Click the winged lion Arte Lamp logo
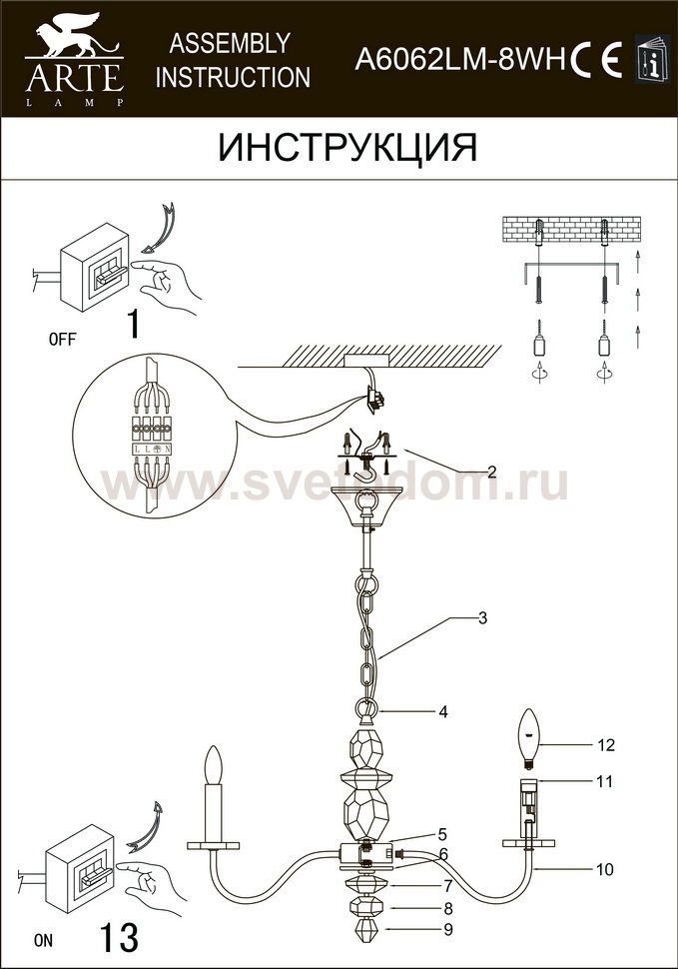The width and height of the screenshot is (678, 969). click(75, 59)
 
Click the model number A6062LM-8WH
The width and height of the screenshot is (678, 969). click(460, 61)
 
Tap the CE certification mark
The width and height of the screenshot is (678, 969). click(596, 60)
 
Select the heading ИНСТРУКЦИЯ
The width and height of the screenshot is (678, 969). click(347, 148)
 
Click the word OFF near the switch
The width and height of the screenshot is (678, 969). click(62, 339)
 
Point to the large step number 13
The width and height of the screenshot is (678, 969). click(119, 937)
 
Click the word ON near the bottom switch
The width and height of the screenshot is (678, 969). click(44, 941)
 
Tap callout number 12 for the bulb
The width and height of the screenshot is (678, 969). click(606, 744)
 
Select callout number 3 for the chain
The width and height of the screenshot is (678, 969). click(483, 617)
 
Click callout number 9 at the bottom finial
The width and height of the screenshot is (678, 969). click(447, 929)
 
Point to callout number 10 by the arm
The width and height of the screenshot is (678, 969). click(605, 869)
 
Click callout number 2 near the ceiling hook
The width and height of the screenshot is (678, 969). click(491, 473)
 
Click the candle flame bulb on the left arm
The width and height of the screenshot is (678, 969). click(213, 765)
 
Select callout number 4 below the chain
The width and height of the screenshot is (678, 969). click(442, 712)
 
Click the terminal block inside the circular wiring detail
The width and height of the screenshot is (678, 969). click(152, 426)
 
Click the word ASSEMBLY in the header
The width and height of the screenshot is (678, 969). click(230, 43)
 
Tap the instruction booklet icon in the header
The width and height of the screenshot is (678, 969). click(652, 58)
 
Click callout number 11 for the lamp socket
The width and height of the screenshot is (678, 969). click(605, 781)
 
